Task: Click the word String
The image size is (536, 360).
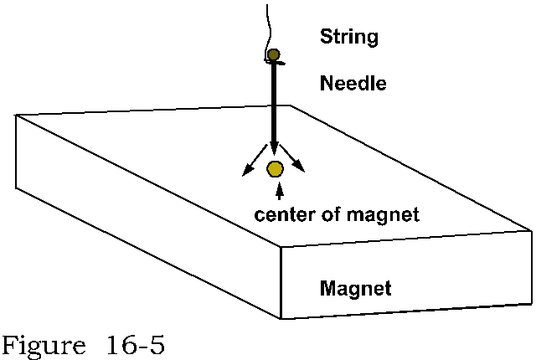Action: click(349, 37)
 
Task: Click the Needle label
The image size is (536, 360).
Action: click(352, 84)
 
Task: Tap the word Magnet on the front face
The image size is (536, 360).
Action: click(357, 291)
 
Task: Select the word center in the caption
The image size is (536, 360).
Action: click(280, 215)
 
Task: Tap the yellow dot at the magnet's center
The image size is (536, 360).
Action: click(275, 169)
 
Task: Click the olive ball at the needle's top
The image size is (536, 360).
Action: click(272, 56)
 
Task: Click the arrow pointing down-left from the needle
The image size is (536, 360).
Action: click(250, 167)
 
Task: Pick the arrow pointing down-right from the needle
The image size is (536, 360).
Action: click(298, 165)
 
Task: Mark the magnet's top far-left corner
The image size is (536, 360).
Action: click(17, 116)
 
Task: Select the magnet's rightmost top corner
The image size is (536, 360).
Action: click(532, 226)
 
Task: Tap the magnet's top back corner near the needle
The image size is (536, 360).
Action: click(291, 105)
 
